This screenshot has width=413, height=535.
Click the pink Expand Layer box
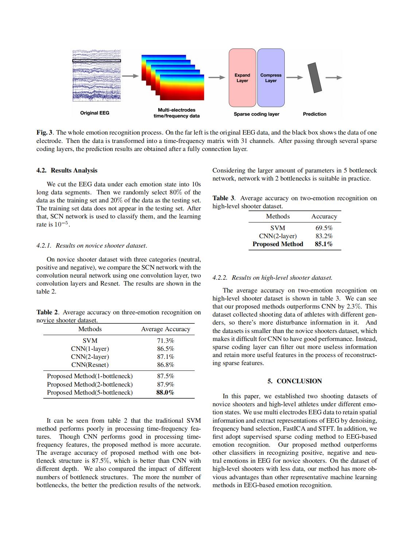point(242,78)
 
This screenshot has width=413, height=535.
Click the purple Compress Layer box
point(271,78)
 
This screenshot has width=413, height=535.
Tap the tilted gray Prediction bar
point(315,77)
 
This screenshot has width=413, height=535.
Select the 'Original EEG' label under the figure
point(95,113)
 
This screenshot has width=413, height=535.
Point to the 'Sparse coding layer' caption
point(256,114)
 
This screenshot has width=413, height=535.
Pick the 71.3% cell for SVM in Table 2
point(165,341)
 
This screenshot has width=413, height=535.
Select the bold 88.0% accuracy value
point(165,392)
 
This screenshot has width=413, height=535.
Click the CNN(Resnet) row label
point(90,365)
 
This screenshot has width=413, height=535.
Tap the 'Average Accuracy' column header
point(165,329)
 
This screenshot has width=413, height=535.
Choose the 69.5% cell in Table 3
point(324,228)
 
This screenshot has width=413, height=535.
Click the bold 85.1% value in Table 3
point(324,244)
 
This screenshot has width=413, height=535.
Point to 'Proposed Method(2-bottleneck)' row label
point(90,384)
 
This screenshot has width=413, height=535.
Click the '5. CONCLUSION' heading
point(295,381)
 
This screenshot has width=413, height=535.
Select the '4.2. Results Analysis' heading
point(67,170)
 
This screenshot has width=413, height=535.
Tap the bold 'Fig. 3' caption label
point(44,132)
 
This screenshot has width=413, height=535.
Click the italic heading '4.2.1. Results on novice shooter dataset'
point(91,245)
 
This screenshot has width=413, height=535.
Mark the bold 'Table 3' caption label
point(223,198)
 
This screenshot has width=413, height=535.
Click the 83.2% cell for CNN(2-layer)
point(324,236)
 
